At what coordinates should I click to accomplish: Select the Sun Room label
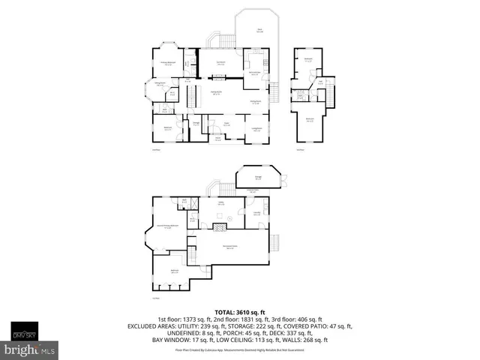pos(221,64)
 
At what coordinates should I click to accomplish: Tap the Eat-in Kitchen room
pos(254,72)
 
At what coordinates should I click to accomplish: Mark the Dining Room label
pos(255,102)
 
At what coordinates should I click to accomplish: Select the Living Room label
pos(256,129)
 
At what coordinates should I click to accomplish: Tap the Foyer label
pos(225,124)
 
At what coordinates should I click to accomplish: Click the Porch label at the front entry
pos(217,139)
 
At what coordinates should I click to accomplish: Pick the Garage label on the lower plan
pos(257,178)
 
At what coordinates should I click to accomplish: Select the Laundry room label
pos(256,214)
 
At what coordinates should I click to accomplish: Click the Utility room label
pos(221,203)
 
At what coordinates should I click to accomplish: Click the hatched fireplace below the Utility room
pos(220,224)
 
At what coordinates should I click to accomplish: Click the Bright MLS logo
pos(29,349)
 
